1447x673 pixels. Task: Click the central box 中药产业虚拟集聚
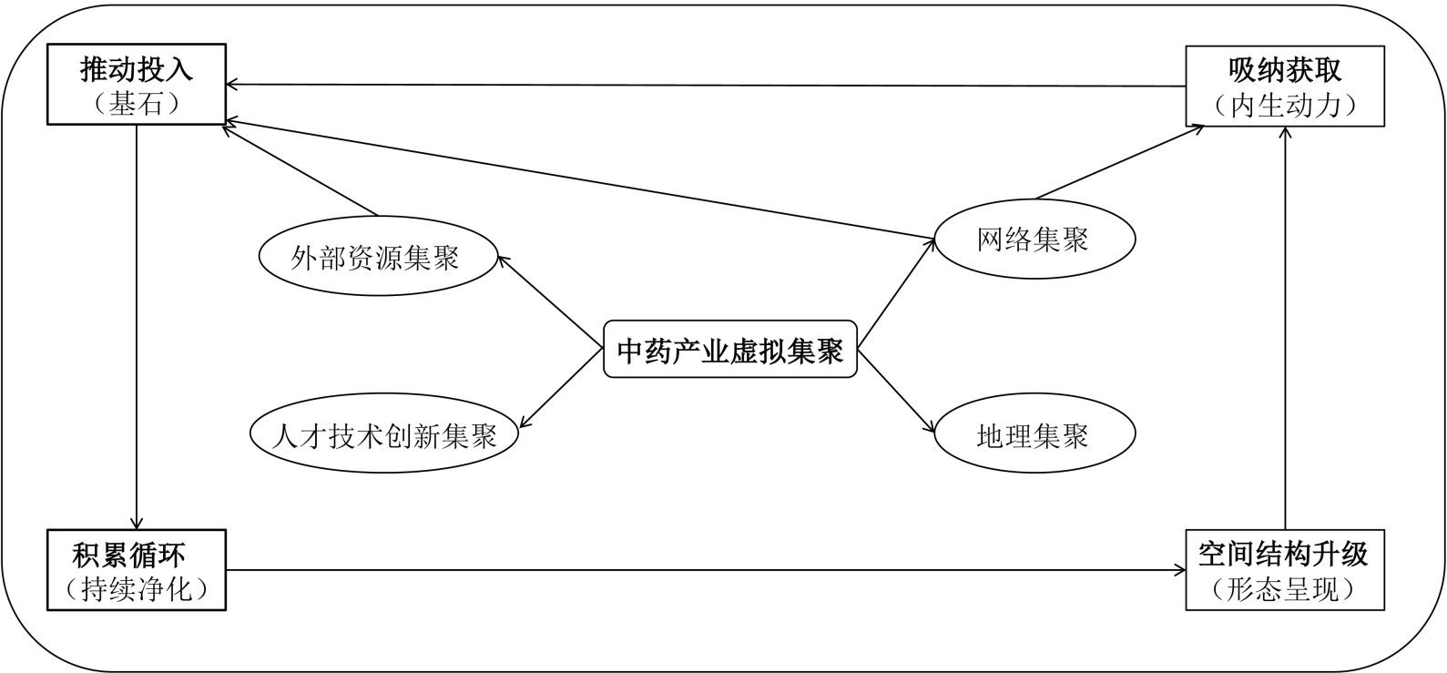click(x=730, y=350)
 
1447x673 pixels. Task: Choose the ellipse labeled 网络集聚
click(x=1034, y=239)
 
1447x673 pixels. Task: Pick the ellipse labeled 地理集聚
click(x=1034, y=436)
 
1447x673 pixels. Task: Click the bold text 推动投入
click(x=137, y=70)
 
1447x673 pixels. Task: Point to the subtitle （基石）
click(x=137, y=104)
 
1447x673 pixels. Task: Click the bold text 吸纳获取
click(x=1285, y=70)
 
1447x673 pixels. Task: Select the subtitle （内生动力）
click(x=1285, y=106)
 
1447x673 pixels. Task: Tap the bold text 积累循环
click(x=137, y=554)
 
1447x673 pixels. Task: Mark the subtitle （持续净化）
click(x=137, y=589)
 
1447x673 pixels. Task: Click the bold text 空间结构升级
click(x=1284, y=554)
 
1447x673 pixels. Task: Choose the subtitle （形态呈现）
click(x=1284, y=589)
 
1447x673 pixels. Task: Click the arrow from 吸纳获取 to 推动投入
click(x=706, y=86)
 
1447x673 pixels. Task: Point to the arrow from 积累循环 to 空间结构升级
click(x=706, y=571)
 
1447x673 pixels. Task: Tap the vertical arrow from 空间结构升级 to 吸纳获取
click(x=1285, y=328)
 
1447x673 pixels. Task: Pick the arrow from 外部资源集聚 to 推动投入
click(x=301, y=171)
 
